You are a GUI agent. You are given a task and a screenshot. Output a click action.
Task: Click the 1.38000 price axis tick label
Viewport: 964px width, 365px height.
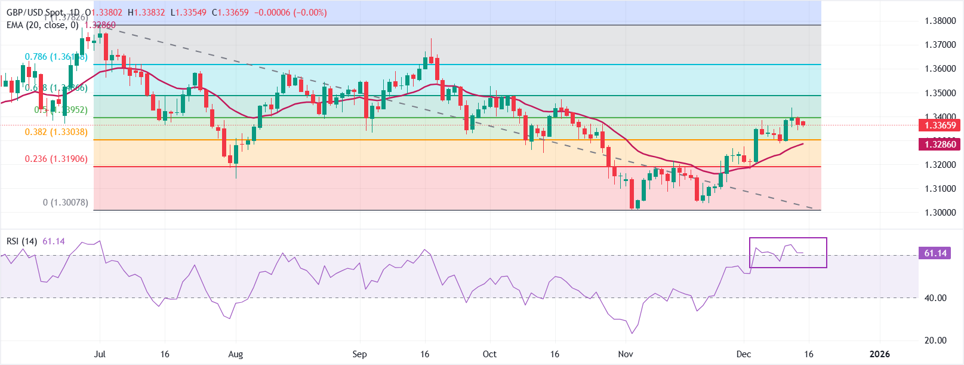[x=940, y=21]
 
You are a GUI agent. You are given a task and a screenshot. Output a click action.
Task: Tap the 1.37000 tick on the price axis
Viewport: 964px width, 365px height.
[x=940, y=45]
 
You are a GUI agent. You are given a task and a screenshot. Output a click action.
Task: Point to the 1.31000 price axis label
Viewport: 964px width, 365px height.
[x=940, y=189]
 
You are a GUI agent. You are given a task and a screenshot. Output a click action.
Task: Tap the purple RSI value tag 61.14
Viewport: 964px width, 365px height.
[x=935, y=253]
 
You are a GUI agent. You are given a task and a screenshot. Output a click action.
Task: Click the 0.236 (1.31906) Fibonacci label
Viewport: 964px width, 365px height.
[x=56, y=159]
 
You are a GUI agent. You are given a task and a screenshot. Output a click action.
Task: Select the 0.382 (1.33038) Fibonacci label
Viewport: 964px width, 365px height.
[x=56, y=132]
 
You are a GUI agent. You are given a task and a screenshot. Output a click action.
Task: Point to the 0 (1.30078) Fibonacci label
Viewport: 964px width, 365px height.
[x=66, y=203]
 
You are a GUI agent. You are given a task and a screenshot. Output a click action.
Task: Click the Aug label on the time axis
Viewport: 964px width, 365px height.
[x=236, y=354]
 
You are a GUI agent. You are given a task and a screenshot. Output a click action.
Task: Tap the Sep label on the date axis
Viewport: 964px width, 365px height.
[x=359, y=354]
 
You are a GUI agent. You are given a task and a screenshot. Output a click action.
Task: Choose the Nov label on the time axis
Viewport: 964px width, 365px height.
[x=626, y=354]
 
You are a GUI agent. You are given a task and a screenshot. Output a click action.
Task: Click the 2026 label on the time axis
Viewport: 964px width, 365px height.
[x=879, y=354]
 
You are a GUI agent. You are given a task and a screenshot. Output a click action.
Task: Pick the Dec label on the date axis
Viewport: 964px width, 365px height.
[x=744, y=354]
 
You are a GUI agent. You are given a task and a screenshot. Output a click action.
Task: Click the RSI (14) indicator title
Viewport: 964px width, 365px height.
[x=22, y=241]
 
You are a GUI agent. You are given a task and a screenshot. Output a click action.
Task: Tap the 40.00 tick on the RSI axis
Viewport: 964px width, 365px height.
[x=935, y=298]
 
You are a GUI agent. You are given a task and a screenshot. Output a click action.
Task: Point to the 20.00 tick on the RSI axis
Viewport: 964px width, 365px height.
[x=935, y=341]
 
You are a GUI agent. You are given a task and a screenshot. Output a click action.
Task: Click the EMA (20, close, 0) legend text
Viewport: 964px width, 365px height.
[x=42, y=25]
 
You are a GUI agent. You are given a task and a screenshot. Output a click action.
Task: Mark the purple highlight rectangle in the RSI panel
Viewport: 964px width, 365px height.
[x=788, y=253]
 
